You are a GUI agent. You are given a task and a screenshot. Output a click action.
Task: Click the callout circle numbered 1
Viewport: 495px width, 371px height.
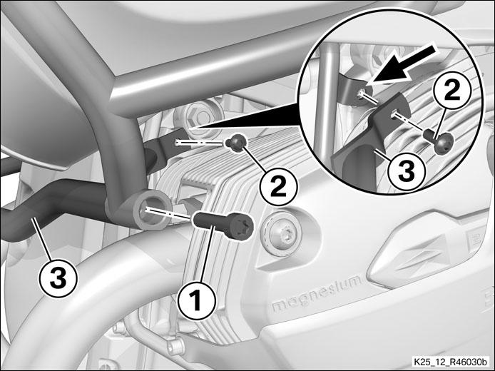[x=196, y=301]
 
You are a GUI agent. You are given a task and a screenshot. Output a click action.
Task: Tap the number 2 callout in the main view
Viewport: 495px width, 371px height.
[x=278, y=188]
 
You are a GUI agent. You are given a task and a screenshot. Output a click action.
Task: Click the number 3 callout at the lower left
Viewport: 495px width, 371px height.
[x=58, y=278]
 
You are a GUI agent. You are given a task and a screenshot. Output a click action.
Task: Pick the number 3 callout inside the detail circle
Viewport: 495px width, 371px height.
[x=407, y=172]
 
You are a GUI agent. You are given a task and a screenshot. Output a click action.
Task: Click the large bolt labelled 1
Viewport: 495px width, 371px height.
[x=223, y=225]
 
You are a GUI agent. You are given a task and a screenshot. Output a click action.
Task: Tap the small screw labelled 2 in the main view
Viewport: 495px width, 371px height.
[x=236, y=143]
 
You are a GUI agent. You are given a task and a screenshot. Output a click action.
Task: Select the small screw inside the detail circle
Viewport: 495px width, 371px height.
[x=439, y=140]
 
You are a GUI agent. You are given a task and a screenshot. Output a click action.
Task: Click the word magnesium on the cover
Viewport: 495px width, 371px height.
[x=317, y=294]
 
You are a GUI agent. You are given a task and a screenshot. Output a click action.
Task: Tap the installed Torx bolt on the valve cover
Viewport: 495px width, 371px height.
[x=282, y=233]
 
